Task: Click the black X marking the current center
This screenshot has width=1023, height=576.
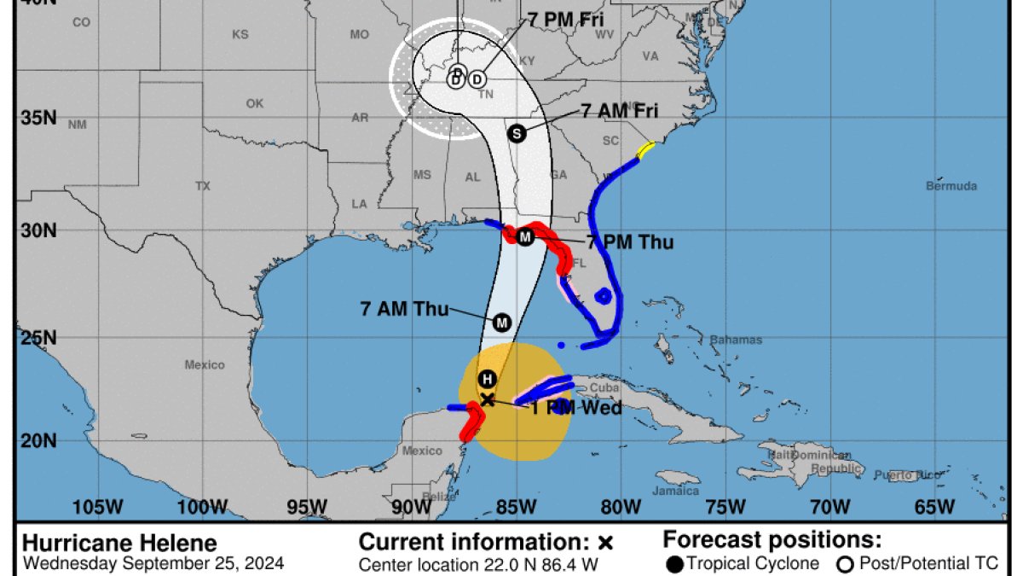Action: (x=487, y=399)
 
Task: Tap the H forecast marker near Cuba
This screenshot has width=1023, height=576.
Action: (x=487, y=379)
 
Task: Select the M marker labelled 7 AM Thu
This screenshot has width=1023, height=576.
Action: (x=502, y=323)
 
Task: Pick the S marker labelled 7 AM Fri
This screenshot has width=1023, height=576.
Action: (x=516, y=133)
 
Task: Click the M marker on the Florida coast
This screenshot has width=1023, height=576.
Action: (x=525, y=236)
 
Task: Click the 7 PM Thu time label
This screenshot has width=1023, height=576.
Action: (x=630, y=242)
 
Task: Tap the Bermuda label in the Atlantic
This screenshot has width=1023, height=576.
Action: (x=951, y=186)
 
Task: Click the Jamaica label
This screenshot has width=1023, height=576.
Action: (x=674, y=491)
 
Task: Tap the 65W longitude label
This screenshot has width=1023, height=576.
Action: (x=934, y=507)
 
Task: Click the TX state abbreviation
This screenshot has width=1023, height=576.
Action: (x=202, y=185)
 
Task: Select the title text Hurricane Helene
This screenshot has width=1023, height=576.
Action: (x=119, y=544)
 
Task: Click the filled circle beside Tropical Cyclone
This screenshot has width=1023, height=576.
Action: (x=674, y=564)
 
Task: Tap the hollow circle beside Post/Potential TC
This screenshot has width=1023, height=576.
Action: (x=847, y=564)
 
